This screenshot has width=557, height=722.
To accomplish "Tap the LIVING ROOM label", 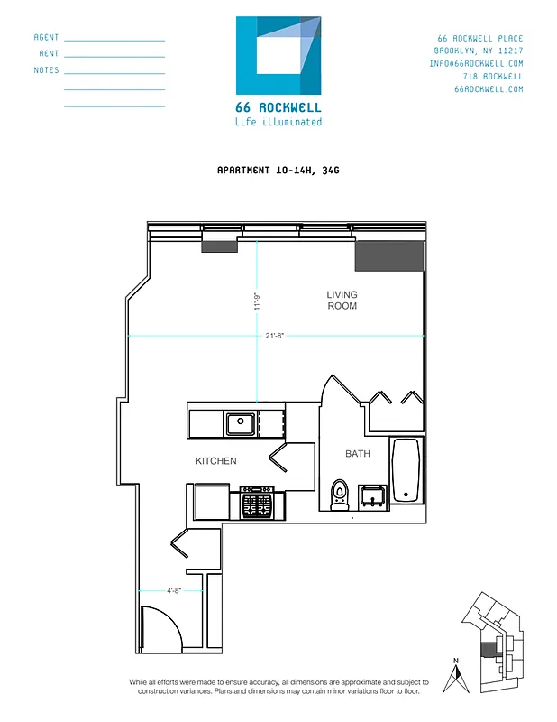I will tap(342, 301).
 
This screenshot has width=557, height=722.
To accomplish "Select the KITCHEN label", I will tap(216, 461).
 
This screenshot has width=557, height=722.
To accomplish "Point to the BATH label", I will tap(358, 454).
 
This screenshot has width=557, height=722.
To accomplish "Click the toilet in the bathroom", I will tap(340, 494).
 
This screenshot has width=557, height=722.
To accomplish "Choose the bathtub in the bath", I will tap(406, 470).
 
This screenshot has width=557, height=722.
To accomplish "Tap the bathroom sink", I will tap(372, 495).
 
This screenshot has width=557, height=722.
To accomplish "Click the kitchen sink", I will tap(239, 421).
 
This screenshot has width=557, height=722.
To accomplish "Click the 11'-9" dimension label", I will tap(257, 301).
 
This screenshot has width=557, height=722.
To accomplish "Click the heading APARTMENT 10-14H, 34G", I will tap(278, 170).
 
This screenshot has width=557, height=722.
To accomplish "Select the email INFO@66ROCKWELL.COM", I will tap(476, 64).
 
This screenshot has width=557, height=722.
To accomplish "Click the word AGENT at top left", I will tap(46, 38).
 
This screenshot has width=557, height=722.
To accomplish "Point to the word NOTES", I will tap(46, 70).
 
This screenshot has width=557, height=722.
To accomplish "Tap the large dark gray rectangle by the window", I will tap(388, 255).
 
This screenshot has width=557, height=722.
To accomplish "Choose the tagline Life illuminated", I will tap(278, 122).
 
